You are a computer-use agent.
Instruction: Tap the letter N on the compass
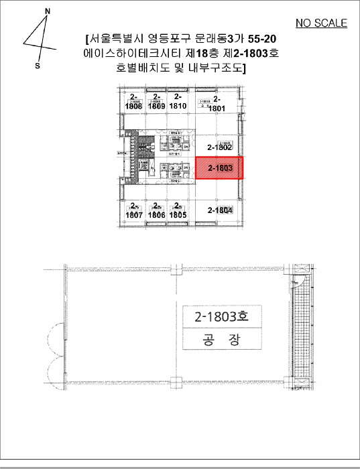pos(47,11)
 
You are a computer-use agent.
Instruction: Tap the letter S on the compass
pos(38,66)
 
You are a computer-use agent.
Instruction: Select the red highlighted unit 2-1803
pos(219,168)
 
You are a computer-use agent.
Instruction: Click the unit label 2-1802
pos(219,147)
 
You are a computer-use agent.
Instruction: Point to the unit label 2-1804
pos(220,210)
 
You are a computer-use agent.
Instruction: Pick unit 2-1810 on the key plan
pos(178,102)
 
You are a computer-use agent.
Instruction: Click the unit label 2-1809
pos(157,103)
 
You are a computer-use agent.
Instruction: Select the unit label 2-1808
pos(133,103)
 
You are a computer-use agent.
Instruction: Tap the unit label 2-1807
pos(133,211)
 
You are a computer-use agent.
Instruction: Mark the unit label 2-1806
pos(156,211)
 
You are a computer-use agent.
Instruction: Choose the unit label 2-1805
pos(177,211)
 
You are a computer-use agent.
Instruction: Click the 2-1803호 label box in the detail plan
pos(221,316)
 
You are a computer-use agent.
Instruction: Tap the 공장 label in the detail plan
pos(221,340)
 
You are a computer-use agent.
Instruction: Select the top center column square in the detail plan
pos(176,269)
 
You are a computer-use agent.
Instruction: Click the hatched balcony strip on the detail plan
pos(303,328)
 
